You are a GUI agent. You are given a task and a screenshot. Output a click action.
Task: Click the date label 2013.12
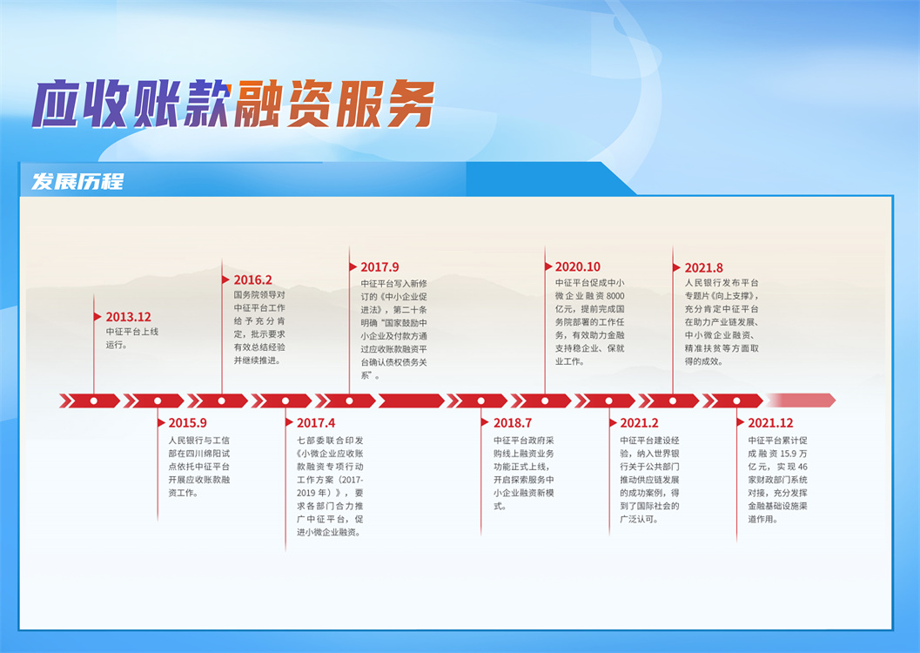tap(129, 317)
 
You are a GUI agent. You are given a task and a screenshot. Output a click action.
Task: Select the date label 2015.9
tap(187, 423)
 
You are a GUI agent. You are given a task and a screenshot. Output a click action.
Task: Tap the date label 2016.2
tap(253, 279)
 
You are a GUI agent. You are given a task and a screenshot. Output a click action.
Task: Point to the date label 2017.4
tap(316, 423)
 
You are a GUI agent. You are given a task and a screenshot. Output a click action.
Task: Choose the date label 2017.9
tap(379, 267)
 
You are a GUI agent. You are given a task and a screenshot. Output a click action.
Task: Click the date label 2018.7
tap(512, 423)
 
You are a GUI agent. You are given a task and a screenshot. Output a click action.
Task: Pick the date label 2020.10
tap(578, 267)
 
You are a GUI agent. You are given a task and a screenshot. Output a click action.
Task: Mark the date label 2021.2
tap(639, 423)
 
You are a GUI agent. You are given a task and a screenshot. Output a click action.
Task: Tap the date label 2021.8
tap(703, 267)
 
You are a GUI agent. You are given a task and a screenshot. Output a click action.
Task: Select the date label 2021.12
tap(770, 423)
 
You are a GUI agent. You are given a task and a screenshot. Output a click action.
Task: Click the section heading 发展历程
tap(77, 181)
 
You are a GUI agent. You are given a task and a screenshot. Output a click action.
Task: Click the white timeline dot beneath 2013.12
tap(94, 401)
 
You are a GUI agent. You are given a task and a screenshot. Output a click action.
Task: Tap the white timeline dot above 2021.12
tap(736, 401)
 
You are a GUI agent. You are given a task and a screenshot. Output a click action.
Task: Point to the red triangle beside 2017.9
tap(353, 267)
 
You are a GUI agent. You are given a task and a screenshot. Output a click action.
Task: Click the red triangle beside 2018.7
tap(485, 422)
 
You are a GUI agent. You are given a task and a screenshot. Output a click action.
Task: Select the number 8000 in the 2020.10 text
tap(615, 296)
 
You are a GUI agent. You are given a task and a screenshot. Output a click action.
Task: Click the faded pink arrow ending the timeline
tap(800, 401)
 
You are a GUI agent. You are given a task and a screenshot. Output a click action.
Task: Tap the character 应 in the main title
tap(57, 104)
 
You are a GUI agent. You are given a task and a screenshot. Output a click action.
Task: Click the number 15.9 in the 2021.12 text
tap(788, 454)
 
